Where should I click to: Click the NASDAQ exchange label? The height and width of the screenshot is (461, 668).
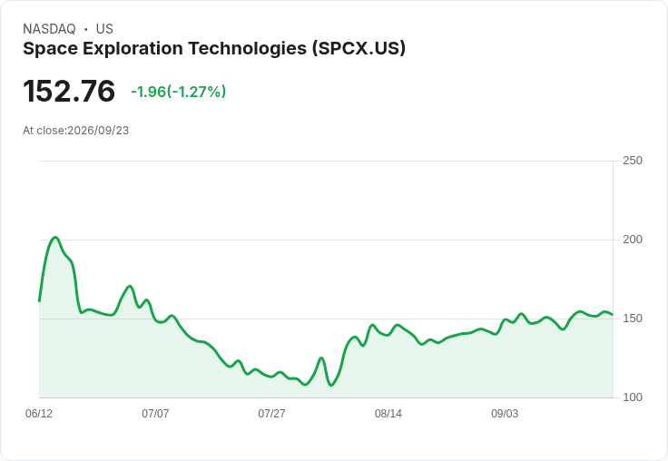(x=49, y=29)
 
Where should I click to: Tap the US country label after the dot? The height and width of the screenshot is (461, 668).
(x=104, y=29)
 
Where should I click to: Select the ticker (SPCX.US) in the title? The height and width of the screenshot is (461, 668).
(x=359, y=49)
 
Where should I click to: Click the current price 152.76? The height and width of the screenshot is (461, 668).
(x=69, y=91)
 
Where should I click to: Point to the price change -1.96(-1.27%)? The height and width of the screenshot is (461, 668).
(x=179, y=92)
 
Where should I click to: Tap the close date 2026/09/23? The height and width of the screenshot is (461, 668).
(x=98, y=131)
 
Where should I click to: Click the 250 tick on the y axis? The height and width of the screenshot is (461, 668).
(x=633, y=161)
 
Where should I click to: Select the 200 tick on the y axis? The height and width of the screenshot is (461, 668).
(x=633, y=240)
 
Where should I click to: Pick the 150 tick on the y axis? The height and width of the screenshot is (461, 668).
(x=633, y=319)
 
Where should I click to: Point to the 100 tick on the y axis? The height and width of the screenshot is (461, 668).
(x=633, y=397)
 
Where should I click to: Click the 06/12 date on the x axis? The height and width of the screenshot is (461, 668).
(x=39, y=413)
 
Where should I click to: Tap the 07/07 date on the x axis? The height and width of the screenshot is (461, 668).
(x=155, y=413)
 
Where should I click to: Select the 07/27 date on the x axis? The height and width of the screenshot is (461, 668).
(x=271, y=413)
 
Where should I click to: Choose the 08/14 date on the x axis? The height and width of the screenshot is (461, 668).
(x=388, y=413)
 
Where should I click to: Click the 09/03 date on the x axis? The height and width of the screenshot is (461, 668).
(x=505, y=413)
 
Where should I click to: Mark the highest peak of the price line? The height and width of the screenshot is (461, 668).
(x=55, y=238)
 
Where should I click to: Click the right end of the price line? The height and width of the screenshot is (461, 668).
(x=613, y=314)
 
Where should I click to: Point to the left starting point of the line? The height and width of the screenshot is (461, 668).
(x=39, y=301)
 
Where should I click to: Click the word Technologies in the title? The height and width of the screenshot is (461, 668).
(x=248, y=49)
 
